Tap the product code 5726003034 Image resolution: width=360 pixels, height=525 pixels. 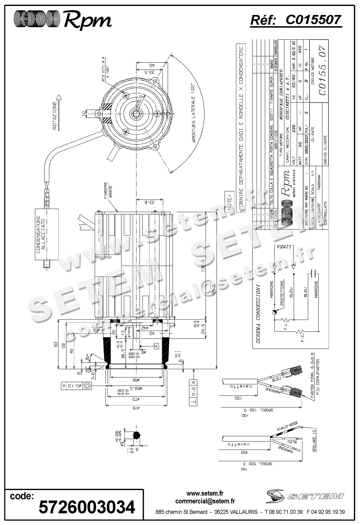click(x=87, y=507)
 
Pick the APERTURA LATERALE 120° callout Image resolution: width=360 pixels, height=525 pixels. click(x=194, y=113)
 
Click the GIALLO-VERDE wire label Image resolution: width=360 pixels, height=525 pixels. click(x=287, y=427)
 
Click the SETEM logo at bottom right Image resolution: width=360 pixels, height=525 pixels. click(x=305, y=496)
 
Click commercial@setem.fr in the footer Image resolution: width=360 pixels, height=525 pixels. click(x=205, y=501)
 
